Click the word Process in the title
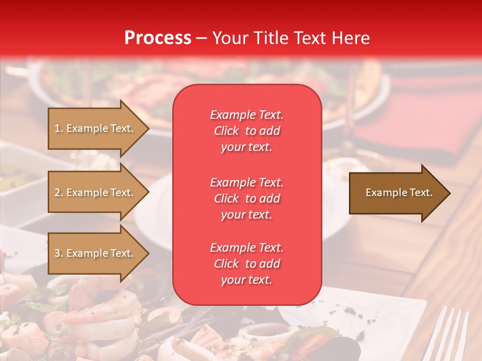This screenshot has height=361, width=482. [x=158, y=38]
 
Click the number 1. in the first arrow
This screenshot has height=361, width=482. [x=59, y=128]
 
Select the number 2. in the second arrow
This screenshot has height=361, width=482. [x=59, y=193]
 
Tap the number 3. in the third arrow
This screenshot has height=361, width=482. [x=59, y=253]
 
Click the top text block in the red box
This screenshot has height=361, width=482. [x=247, y=131]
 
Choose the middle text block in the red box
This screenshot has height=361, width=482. [x=247, y=199]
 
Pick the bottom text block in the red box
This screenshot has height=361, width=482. [x=247, y=264]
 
